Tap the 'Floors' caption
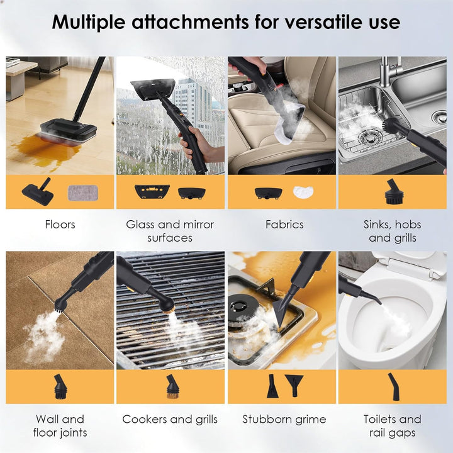tap(60, 225)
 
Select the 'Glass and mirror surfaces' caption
tap(170, 231)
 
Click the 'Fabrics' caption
tap(284, 225)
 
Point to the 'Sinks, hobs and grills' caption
tap(393, 231)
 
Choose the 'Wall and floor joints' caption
tap(60, 425)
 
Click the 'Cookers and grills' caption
tap(170, 419)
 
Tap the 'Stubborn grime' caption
tap(284, 419)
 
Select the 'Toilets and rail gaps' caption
tap(393, 425)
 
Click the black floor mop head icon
tap(38, 193)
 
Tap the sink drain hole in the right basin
tap(439, 117)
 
